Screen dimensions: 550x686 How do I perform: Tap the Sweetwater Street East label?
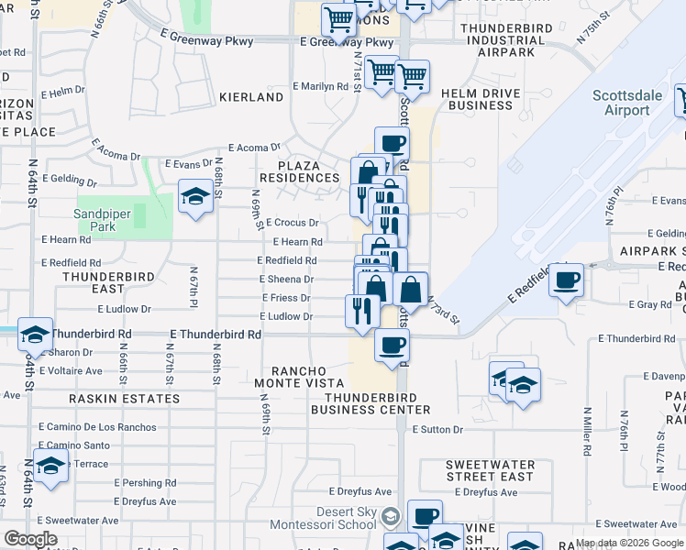click(490, 470)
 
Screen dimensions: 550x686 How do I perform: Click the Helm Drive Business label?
click(476, 99)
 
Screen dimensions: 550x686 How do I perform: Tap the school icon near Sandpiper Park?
click(195, 197)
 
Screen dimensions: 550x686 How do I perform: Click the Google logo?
click(30, 539)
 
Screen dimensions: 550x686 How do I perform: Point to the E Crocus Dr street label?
click(293, 223)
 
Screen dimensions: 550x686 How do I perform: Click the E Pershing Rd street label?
click(145, 483)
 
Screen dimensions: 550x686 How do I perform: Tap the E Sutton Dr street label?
click(438, 429)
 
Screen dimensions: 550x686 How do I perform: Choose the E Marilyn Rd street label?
click(320, 86)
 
